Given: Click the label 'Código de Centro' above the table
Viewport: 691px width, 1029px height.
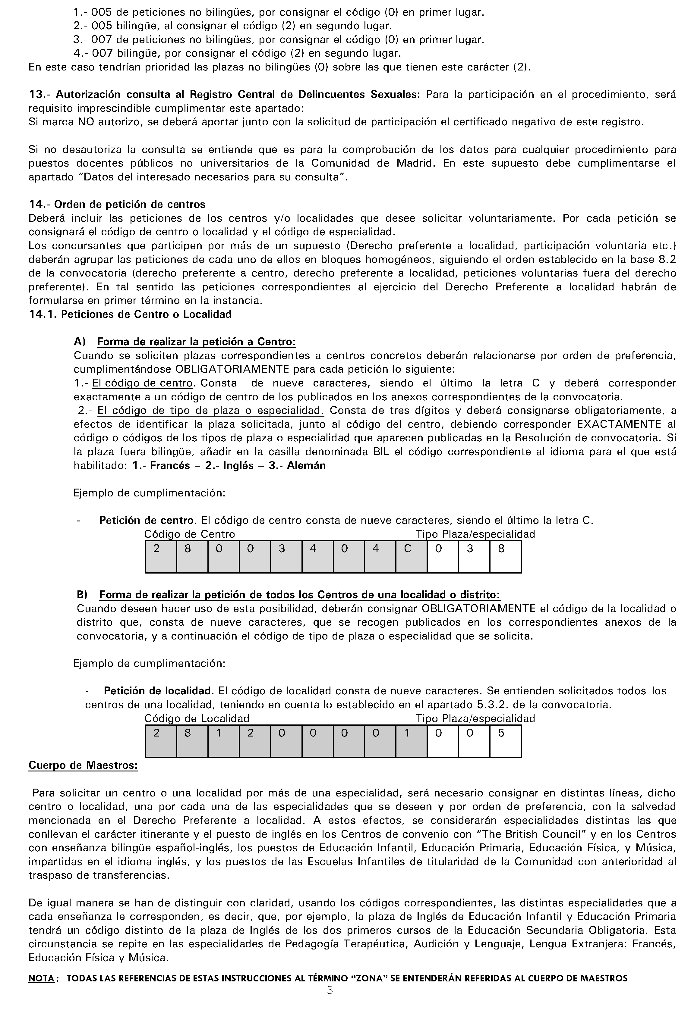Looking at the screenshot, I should (190, 534).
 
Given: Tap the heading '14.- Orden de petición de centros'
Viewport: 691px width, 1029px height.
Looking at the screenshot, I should (117, 204).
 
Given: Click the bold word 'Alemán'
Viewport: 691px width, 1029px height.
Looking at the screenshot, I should (306, 465).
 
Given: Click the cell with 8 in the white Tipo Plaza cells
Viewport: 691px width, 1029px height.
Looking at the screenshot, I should (505, 557).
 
